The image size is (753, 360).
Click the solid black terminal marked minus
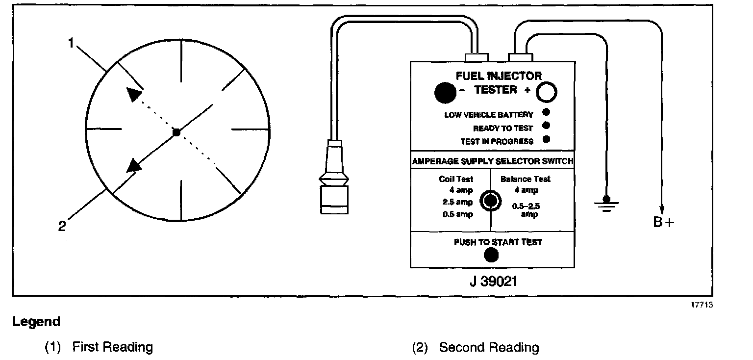[445, 92]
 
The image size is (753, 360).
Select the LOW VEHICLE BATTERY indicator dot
[547, 112]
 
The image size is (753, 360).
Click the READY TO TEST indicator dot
[547, 126]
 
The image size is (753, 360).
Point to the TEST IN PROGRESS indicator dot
[547, 139]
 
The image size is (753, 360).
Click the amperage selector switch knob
[490, 201]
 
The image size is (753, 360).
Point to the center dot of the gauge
[177, 132]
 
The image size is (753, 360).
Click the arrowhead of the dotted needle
[133, 94]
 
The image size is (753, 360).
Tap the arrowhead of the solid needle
[134, 165]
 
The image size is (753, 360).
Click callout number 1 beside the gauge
[71, 44]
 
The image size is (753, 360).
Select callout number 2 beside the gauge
[62, 226]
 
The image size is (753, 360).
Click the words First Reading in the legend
[113, 348]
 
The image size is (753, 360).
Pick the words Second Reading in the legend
[489, 348]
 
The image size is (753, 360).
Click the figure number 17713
[702, 305]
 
